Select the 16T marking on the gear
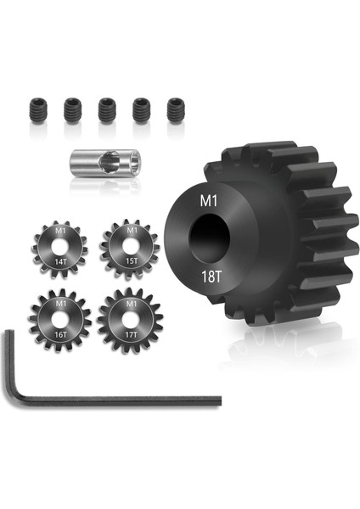[x=59, y=336]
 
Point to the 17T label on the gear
[x=130, y=336]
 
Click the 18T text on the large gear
[x=208, y=276]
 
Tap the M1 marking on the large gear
[x=206, y=202]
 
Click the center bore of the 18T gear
[x=209, y=238]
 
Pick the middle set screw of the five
[x=106, y=109]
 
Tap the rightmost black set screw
[x=175, y=108]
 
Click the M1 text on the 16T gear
[x=59, y=303]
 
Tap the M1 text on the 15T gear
[x=130, y=229]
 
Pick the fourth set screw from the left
[x=141, y=108]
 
